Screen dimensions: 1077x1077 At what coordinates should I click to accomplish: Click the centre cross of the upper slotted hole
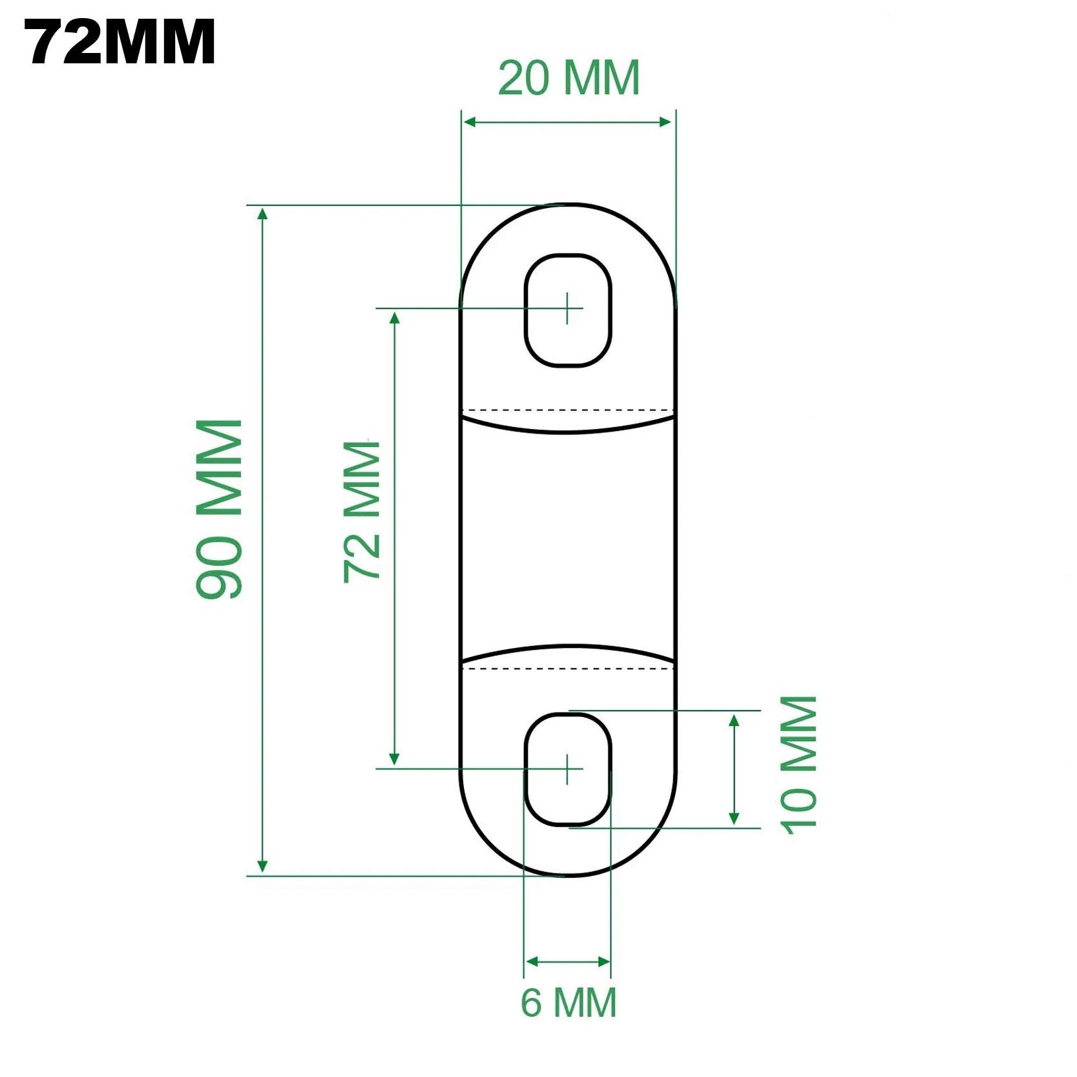pyautogui.click(x=567, y=308)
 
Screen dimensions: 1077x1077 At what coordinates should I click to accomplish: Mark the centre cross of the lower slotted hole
pyautogui.click(x=567, y=769)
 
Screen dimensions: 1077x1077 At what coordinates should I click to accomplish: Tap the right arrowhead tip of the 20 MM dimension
pyautogui.click(x=672, y=122)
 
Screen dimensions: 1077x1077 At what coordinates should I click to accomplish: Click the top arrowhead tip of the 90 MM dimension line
pyautogui.click(x=262, y=208)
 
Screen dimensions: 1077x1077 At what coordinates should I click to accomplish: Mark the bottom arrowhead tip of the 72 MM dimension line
pyautogui.click(x=394, y=766)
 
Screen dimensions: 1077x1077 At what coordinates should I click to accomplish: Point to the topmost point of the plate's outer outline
pyautogui.click(x=568, y=204)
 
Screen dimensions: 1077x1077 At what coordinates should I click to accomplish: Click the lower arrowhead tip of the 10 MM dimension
pyautogui.click(x=734, y=826)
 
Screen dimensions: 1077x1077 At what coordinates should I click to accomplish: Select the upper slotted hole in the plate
pyautogui.click(x=568, y=311)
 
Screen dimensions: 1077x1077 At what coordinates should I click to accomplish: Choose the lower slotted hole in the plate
pyautogui.click(x=568, y=770)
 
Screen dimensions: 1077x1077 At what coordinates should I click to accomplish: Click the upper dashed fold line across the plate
pyautogui.click(x=568, y=410)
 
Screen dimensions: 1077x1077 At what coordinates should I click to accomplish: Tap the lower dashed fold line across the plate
pyautogui.click(x=568, y=669)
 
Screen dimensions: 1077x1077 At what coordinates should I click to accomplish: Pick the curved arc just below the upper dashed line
pyautogui.click(x=568, y=425)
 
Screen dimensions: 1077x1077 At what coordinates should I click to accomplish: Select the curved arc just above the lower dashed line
pyautogui.click(x=568, y=653)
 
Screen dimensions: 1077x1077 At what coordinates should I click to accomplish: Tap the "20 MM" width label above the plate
pyautogui.click(x=569, y=78)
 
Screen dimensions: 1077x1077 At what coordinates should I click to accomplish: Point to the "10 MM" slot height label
pyautogui.click(x=799, y=765)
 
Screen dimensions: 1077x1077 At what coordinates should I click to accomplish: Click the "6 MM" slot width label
pyautogui.click(x=569, y=1002)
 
